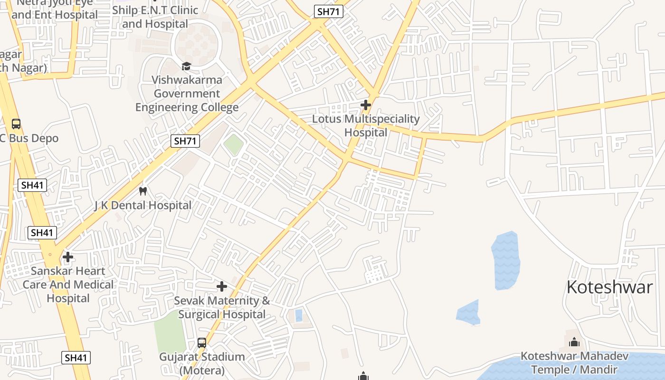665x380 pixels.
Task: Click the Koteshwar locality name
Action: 610,287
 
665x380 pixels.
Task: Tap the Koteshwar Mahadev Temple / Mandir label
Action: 574,363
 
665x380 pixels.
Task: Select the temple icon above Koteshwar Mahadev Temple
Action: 574,342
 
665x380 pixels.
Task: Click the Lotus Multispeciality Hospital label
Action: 366,126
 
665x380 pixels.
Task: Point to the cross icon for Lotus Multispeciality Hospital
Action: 365,104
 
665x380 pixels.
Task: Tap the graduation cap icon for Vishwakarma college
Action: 186,66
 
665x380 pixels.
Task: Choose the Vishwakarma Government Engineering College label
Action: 187,94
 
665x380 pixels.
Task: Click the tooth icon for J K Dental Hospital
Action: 142,191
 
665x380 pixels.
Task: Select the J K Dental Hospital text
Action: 142,206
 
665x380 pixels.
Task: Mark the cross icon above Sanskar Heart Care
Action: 68,257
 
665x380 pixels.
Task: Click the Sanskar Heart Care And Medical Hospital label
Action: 68,285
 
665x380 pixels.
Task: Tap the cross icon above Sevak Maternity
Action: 221,286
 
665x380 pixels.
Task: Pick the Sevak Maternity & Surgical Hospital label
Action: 222,307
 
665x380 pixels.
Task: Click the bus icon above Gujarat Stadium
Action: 202,342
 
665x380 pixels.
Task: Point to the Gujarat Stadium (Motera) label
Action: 202,363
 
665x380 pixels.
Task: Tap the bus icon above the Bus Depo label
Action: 16,124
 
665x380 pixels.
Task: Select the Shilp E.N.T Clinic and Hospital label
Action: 157,17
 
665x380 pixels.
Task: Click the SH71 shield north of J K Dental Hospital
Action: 185,141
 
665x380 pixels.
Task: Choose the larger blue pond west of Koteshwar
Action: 505,260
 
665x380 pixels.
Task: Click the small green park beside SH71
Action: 233,144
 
